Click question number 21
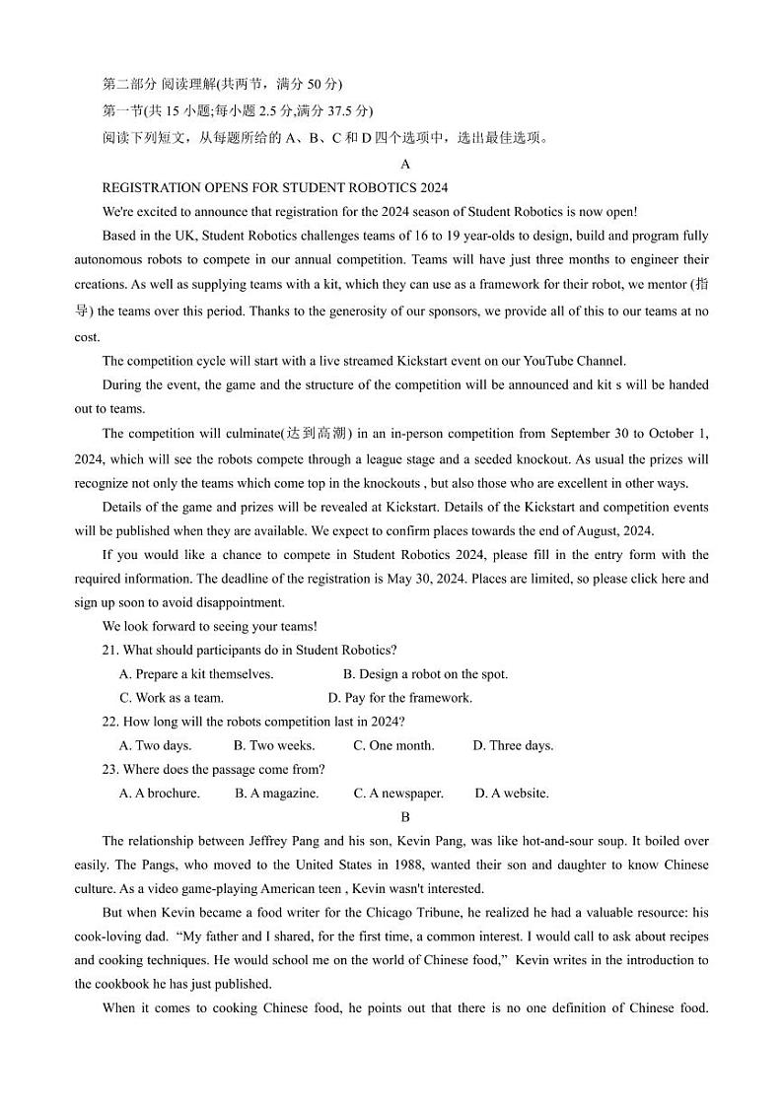(110, 650)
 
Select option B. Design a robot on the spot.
(425, 674)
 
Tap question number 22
(110, 722)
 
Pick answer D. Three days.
(513, 745)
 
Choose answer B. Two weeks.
(274, 745)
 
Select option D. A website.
(512, 793)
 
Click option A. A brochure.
(159, 793)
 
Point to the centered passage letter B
(405, 817)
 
